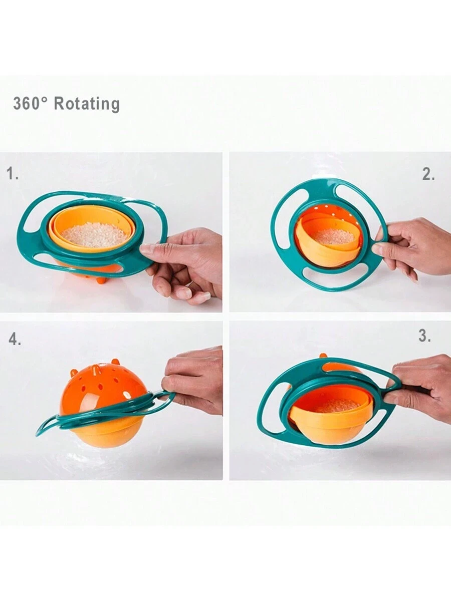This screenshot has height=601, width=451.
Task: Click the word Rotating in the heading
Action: click(87, 104)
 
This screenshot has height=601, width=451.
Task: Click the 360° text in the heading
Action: click(30, 104)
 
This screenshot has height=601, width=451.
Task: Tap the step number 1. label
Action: click(13, 174)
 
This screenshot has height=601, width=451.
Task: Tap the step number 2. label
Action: click(428, 174)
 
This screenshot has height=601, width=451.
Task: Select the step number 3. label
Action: click(424, 336)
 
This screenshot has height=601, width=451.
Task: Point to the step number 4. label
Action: click(14, 340)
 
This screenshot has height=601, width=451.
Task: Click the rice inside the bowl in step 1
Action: click(95, 235)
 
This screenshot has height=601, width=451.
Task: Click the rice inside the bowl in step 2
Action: click(334, 237)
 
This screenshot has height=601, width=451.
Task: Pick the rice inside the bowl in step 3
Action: click(337, 405)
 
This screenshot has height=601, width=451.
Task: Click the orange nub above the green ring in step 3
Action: click(324, 356)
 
